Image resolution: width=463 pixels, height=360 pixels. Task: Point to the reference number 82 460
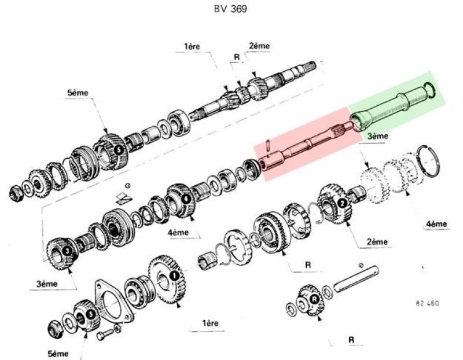click(427, 303)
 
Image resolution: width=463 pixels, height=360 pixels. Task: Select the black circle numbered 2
click(342, 203)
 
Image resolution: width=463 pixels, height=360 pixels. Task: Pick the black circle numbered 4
click(186, 198)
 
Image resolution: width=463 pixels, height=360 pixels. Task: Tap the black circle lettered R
click(314, 299)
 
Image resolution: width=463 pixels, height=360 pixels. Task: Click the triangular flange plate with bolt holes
click(113, 301)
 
